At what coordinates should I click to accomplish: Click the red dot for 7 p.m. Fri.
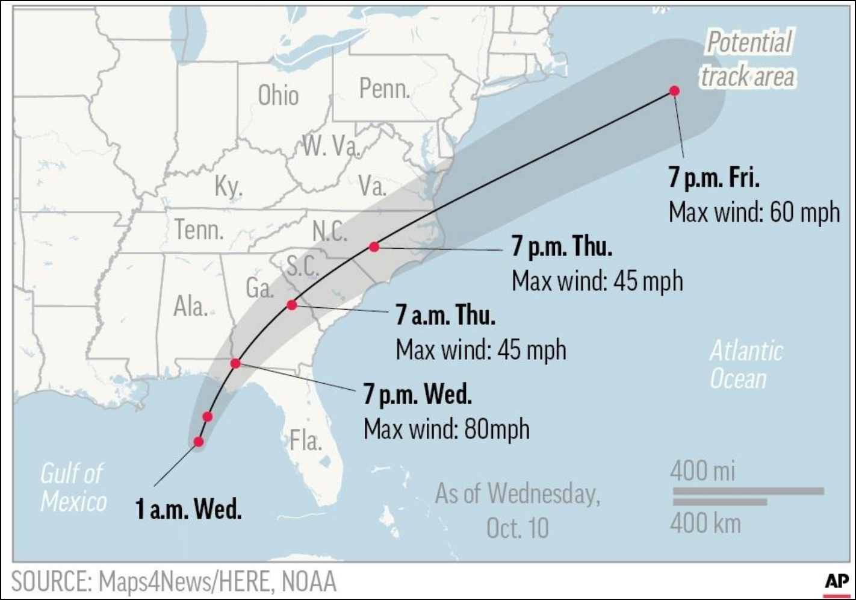pos(674,91)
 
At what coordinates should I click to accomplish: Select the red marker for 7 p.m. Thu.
pos(374,246)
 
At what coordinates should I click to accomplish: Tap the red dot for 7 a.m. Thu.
pos(292,305)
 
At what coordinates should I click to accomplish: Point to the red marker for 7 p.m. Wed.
pos(235,363)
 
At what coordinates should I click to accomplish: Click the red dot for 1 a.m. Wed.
pos(199,442)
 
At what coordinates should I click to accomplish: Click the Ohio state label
pos(278,96)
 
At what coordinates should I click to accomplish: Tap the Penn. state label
pos(384,89)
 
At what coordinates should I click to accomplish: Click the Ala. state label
pos(190,307)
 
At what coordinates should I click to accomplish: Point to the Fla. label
pos(305,441)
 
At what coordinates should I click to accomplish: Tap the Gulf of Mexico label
pos(73,487)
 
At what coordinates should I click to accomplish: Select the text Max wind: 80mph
pos(447,430)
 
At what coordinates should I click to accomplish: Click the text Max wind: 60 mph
pos(754,212)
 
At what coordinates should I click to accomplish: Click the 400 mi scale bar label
pos(702,470)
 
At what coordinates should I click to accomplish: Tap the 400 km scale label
pos(705,522)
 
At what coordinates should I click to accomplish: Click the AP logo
pos(836,582)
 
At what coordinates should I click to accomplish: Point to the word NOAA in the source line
pos(309,582)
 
